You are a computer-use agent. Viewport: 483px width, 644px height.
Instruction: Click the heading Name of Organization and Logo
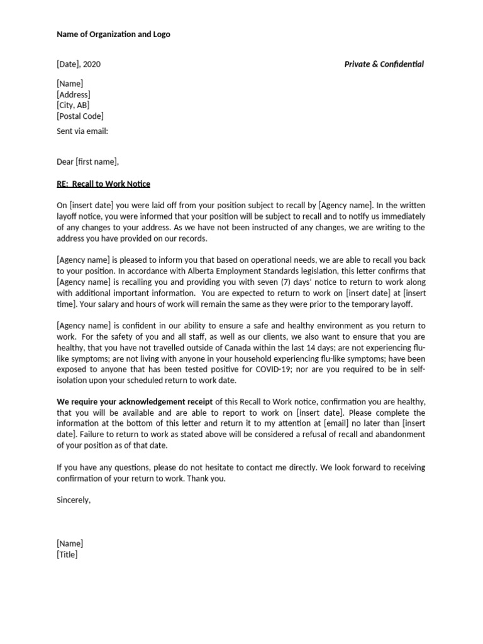pos(113,34)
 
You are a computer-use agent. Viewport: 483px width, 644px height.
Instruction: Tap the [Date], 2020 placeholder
pos(78,64)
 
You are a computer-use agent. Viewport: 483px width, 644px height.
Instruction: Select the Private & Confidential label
pos(384,64)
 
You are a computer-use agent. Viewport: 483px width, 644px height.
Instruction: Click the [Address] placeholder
pos(73,94)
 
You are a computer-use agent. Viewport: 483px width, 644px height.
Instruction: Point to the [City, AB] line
pos(72,105)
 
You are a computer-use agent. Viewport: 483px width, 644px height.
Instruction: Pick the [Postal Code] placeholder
pos(80,116)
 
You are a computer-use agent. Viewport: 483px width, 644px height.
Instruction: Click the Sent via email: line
pos(82,131)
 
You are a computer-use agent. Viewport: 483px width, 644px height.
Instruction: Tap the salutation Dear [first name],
pos(87,162)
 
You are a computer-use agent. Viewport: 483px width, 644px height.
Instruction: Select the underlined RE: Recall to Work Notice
pos(103,184)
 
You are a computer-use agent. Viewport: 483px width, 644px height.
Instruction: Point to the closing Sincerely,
pos(74,500)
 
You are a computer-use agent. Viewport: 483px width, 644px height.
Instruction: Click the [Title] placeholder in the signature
pos(67,554)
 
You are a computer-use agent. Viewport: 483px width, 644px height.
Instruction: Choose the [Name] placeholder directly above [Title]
pos(69,543)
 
